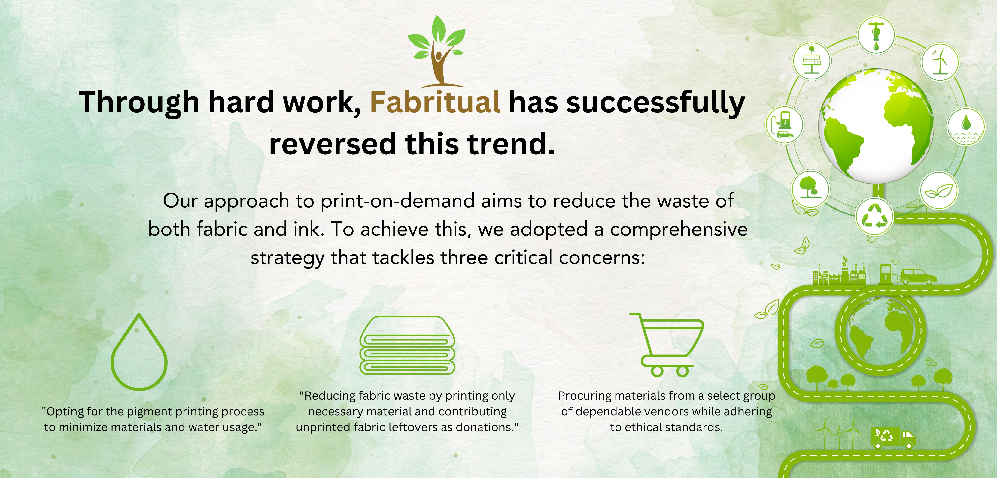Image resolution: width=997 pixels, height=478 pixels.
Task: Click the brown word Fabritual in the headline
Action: (435, 102)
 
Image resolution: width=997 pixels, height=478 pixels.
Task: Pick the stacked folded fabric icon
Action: (407, 345)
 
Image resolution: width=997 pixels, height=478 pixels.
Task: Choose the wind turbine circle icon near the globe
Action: (940, 61)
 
